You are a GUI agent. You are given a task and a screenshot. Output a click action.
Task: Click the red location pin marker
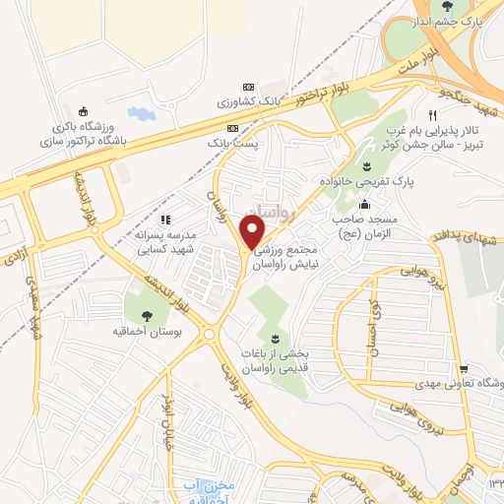coord(253,231)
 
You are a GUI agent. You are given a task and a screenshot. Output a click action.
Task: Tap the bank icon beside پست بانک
coord(232,128)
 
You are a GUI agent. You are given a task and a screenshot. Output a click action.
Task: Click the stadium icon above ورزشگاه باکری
coord(84,110)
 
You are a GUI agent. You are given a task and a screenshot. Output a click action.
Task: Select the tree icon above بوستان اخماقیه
coord(147,315)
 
